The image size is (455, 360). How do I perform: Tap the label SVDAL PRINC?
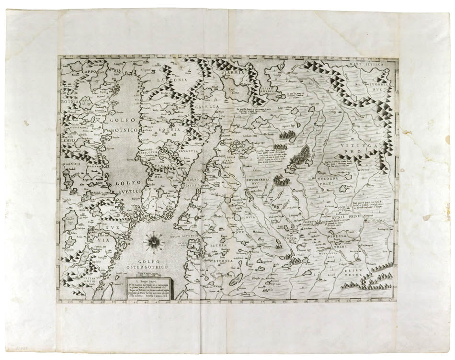346,216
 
